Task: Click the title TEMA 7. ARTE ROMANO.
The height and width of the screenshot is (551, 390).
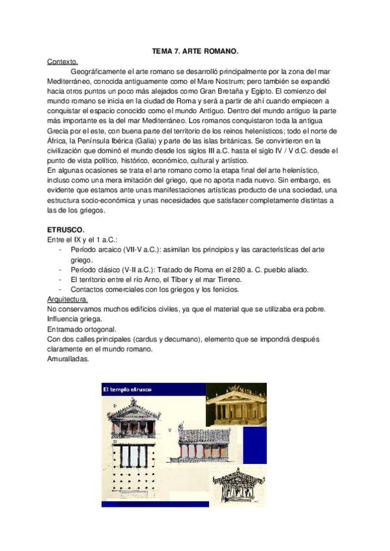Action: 195,51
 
